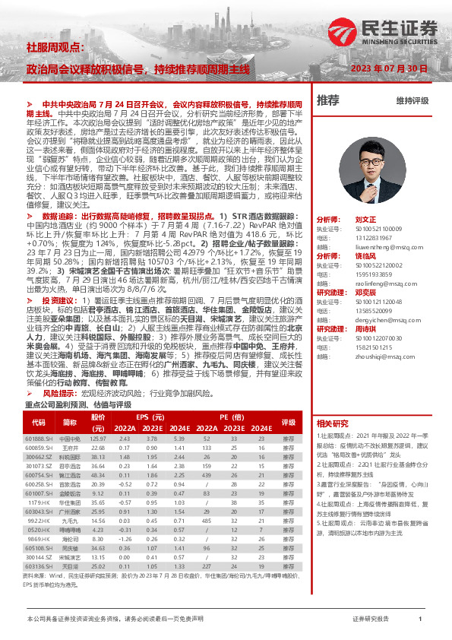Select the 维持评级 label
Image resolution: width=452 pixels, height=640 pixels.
[412, 100]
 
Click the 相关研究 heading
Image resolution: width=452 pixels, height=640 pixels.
[333, 423]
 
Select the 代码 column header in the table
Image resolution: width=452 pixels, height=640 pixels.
[38, 422]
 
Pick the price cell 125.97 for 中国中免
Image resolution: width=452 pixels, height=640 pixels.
[98, 439]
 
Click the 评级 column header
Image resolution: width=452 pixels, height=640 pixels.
[289, 422]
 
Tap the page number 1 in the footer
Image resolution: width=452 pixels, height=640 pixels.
[419, 620]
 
